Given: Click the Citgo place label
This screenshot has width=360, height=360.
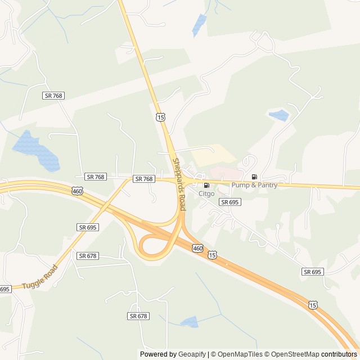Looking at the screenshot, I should point(206,193).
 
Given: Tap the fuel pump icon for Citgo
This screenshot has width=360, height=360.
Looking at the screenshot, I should point(206,185).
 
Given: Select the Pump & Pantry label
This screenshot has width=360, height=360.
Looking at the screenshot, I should point(254,185).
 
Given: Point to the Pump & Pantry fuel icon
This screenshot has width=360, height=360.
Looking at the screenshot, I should point(254,177).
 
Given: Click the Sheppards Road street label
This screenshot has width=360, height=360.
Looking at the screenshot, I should point(179,184).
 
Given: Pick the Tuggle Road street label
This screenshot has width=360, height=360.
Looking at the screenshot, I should point(40,277).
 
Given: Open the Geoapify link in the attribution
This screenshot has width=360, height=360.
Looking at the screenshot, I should point(191,354).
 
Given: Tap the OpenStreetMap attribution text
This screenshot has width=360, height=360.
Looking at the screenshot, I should point(292,354).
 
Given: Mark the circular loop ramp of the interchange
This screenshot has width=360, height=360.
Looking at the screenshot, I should point(155,246).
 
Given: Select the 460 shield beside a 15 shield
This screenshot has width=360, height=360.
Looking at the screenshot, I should point(197,248).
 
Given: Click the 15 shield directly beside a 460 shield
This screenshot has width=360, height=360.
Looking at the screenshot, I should point(211,255).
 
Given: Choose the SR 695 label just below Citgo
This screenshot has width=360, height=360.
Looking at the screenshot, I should point(229,202).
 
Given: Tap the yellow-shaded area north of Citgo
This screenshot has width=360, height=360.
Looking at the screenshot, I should point(214,155).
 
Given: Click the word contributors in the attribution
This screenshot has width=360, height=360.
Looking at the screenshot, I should point(339,354).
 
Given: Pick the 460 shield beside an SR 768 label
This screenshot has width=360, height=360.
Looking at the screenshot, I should point(77,191).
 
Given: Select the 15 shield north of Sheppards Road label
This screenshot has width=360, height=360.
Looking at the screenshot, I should point(161,117).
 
